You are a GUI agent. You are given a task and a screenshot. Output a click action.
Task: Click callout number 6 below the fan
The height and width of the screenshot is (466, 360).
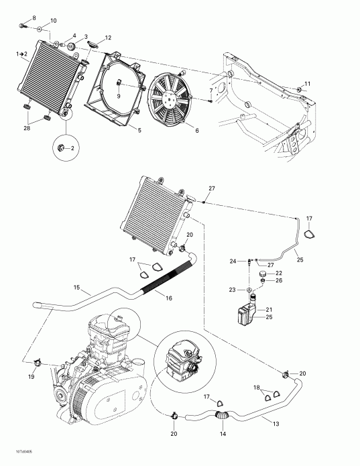196,130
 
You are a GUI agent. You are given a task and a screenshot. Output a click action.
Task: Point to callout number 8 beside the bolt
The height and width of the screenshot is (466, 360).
35,16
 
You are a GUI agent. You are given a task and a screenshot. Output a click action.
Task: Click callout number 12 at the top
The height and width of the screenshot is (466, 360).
108,38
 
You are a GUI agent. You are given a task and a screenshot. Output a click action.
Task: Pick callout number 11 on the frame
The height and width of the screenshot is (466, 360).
308,83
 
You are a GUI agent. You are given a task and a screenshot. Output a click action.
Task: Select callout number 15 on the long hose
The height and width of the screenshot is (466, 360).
78,290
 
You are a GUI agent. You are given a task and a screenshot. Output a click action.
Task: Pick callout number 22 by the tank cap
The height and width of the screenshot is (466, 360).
279,273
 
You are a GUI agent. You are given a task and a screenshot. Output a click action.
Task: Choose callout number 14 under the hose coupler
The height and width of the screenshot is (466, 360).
223,434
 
